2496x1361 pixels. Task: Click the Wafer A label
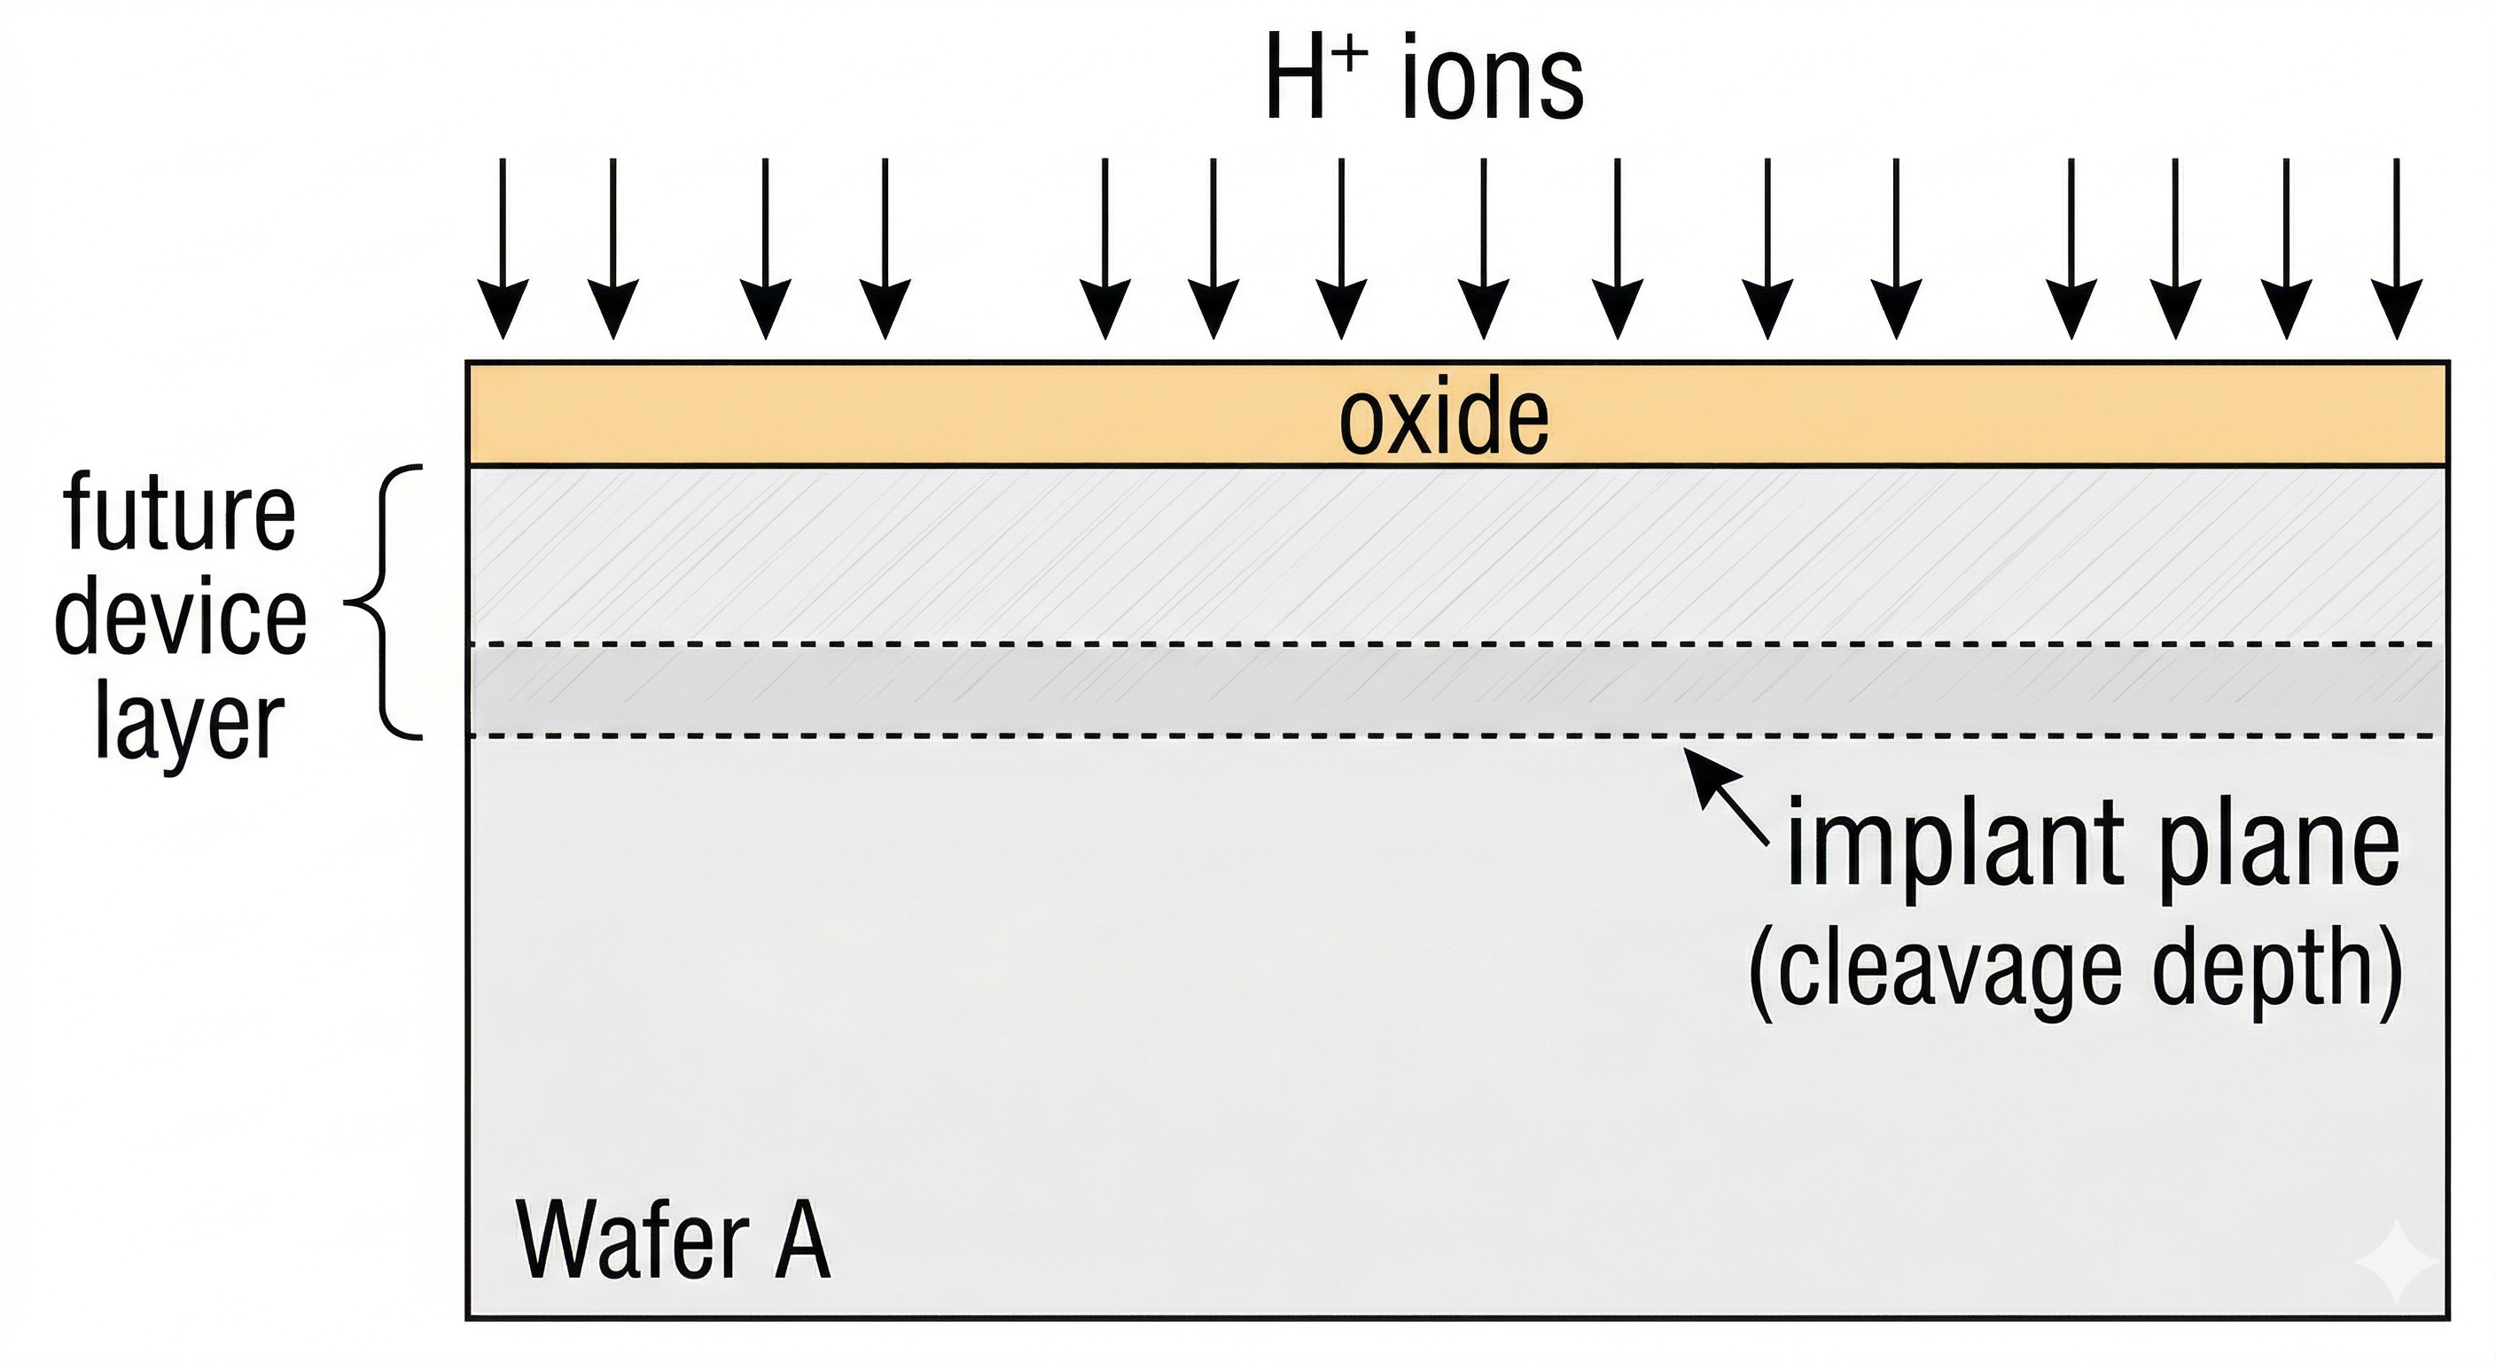(x=673, y=1240)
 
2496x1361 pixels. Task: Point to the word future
(x=179, y=513)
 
